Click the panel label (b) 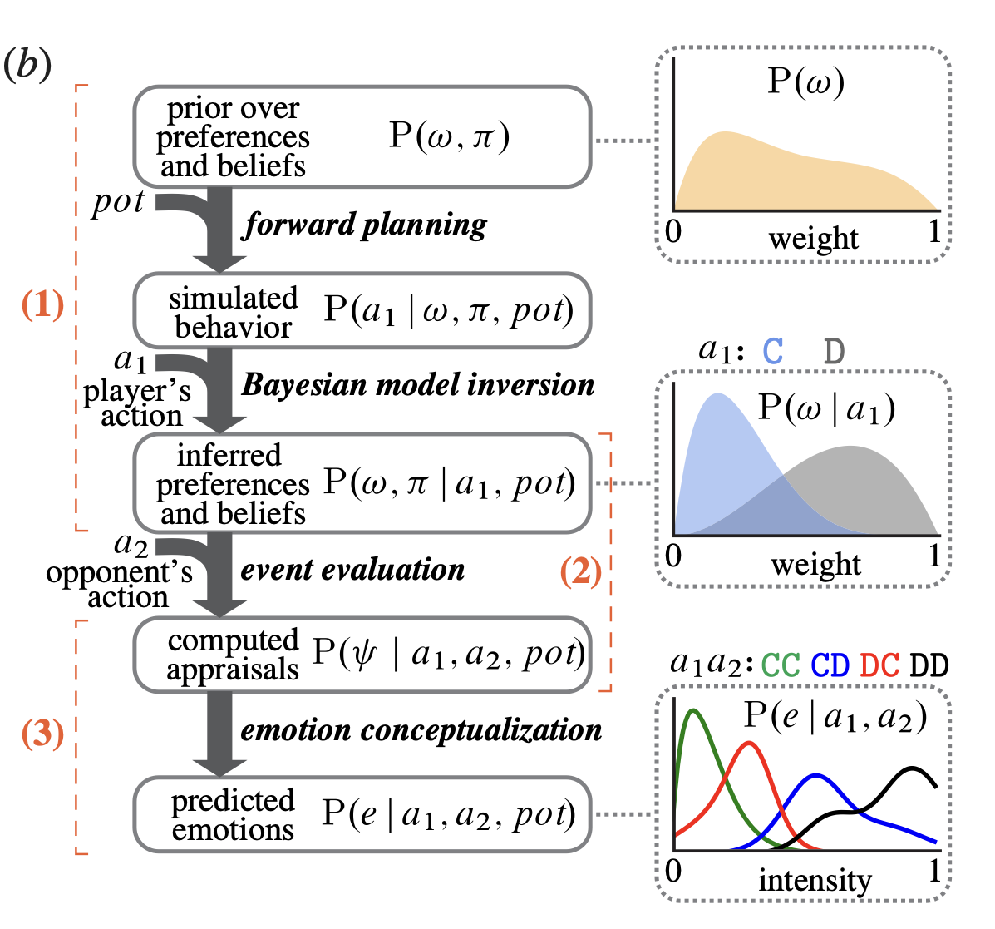click(27, 66)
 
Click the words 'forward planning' click(364, 225)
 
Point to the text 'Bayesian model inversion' click(418, 385)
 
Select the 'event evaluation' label click(352, 570)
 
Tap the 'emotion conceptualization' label click(421, 730)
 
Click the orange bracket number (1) click(42, 304)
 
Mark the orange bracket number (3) click(42, 734)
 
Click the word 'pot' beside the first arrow click(118, 203)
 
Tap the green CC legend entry click(781, 665)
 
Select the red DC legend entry click(880, 665)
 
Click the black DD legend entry click(929, 665)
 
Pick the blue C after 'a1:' click(773, 351)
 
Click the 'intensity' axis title click(815, 880)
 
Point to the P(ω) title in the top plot click(806, 82)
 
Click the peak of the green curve click(693, 710)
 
